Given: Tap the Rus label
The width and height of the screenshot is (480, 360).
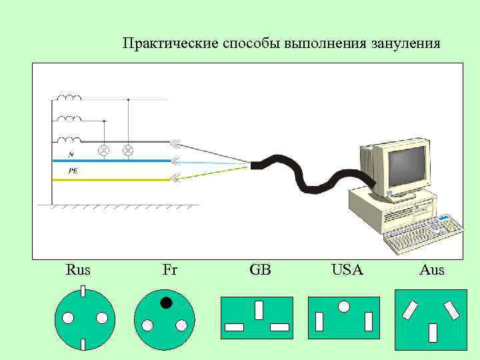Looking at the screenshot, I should point(79,271).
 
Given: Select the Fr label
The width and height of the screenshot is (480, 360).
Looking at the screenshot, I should point(169,271).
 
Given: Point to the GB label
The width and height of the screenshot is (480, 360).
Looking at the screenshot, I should point(260,271).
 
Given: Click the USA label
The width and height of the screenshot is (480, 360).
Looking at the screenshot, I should point(347,271).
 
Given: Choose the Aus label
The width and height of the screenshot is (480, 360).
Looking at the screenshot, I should point(432,271).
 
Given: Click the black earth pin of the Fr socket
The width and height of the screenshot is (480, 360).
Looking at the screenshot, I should point(166,303).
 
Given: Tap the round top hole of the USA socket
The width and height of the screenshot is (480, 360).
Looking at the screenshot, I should point(344,307).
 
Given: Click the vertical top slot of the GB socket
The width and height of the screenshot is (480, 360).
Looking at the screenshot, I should point(259,310).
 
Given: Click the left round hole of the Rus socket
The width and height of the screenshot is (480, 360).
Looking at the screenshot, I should point(67,317).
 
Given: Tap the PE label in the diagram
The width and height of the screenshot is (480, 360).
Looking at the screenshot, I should point(73,171).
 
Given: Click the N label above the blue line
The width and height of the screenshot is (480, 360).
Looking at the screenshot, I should point(71,154).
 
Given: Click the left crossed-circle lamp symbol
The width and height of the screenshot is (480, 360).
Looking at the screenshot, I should point(103,150).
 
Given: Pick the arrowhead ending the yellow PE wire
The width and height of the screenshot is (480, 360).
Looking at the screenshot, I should point(175,177).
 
